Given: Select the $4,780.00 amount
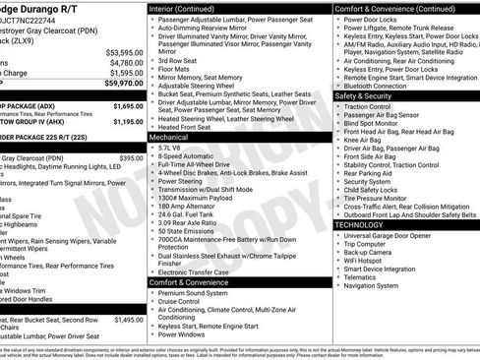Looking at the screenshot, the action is [125, 62].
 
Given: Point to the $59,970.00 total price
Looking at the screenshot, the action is [123, 84].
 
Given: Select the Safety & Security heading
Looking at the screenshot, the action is [364, 96].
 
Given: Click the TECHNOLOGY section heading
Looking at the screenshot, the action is [360, 224].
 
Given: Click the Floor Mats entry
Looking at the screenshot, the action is [177, 68].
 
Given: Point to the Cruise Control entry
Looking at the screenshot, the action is [185, 300].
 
